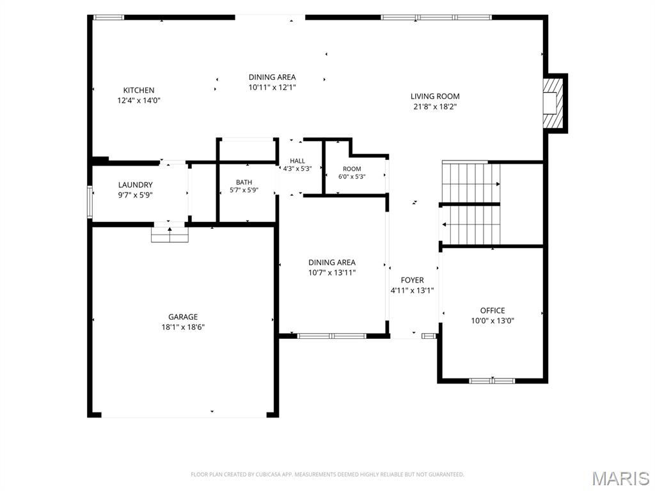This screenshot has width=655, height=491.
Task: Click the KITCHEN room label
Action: tap(139, 90)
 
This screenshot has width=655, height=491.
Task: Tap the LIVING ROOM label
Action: tap(435, 96)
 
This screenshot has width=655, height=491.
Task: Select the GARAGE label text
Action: tap(183, 317)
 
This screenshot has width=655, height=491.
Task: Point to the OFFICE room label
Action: tap(493, 311)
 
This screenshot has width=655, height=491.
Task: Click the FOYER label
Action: tap(413, 280)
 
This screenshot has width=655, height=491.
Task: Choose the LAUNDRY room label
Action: tap(136, 185)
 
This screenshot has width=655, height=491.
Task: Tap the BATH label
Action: tap(244, 182)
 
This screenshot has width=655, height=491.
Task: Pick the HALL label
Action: tap(297, 160)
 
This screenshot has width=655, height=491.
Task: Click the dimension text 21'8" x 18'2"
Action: tap(435, 107)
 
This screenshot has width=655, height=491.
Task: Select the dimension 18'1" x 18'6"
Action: tap(183, 327)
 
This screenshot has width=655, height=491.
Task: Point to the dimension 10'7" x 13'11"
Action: tap(332, 272)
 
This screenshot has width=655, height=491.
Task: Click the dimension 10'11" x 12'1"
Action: tap(272, 87)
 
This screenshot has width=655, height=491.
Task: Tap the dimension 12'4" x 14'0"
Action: tap(139, 100)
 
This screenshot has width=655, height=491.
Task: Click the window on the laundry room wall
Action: tap(90, 202)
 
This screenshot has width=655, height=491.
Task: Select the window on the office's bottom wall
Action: tap(492, 381)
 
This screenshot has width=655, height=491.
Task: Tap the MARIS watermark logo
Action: tap(620, 478)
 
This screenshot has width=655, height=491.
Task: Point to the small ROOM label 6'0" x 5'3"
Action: tap(352, 173)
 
